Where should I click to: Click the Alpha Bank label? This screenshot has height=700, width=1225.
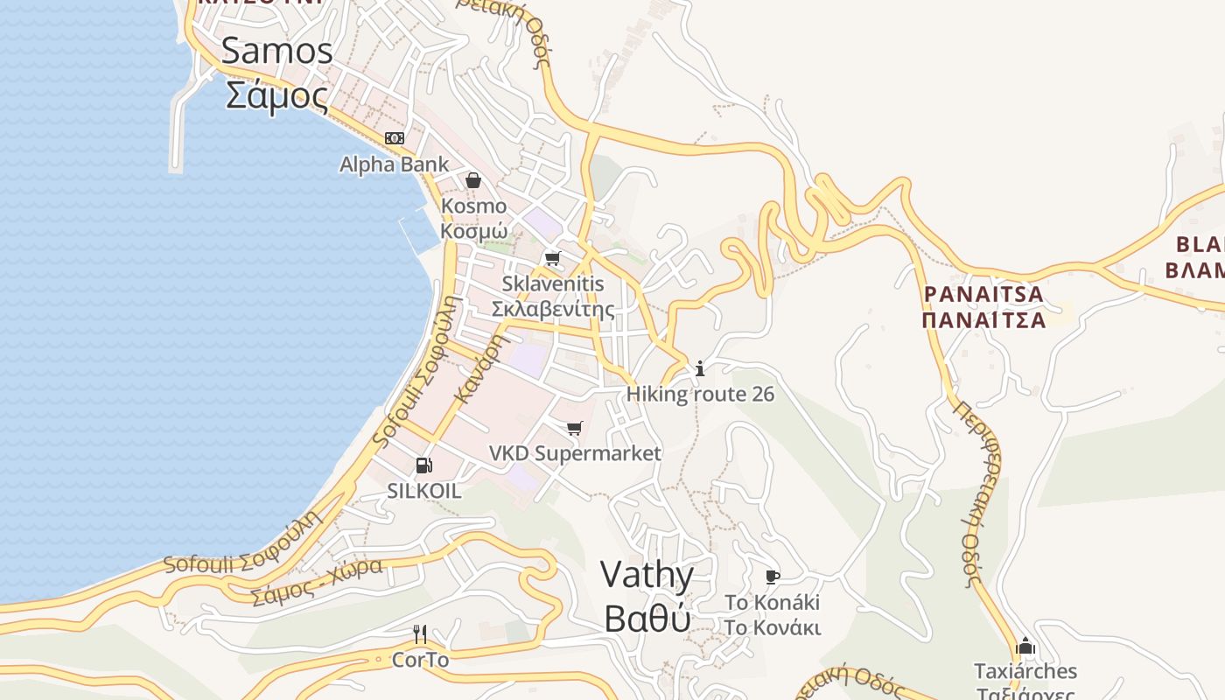pyautogui.click(x=394, y=164)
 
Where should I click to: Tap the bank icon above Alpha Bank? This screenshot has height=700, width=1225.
pyautogui.click(x=395, y=138)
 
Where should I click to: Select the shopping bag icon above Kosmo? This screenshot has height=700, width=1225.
pyautogui.click(x=473, y=180)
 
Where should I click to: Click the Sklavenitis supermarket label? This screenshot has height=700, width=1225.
pyautogui.click(x=552, y=297)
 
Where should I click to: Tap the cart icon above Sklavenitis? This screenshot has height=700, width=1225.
pyautogui.click(x=552, y=259)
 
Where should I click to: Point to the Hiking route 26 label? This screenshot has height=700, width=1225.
pyautogui.click(x=700, y=395)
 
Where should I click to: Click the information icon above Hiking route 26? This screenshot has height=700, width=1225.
pyautogui.click(x=699, y=368)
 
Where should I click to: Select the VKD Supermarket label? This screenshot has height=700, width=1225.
pyautogui.click(x=575, y=453)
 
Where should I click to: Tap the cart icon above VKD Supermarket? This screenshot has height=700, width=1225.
pyautogui.click(x=574, y=428)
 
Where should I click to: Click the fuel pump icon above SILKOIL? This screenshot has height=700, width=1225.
pyautogui.click(x=423, y=465)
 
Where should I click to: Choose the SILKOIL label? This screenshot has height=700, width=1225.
pyautogui.click(x=424, y=491)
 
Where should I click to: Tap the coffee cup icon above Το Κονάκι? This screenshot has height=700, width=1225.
pyautogui.click(x=772, y=577)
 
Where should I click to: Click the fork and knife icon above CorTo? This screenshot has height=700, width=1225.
pyautogui.click(x=420, y=633)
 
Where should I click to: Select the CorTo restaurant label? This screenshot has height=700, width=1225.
pyautogui.click(x=420, y=660)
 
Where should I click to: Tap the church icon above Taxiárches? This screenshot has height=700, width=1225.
pyautogui.click(x=1025, y=647)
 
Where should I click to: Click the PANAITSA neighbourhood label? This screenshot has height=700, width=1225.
pyautogui.click(x=984, y=306)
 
